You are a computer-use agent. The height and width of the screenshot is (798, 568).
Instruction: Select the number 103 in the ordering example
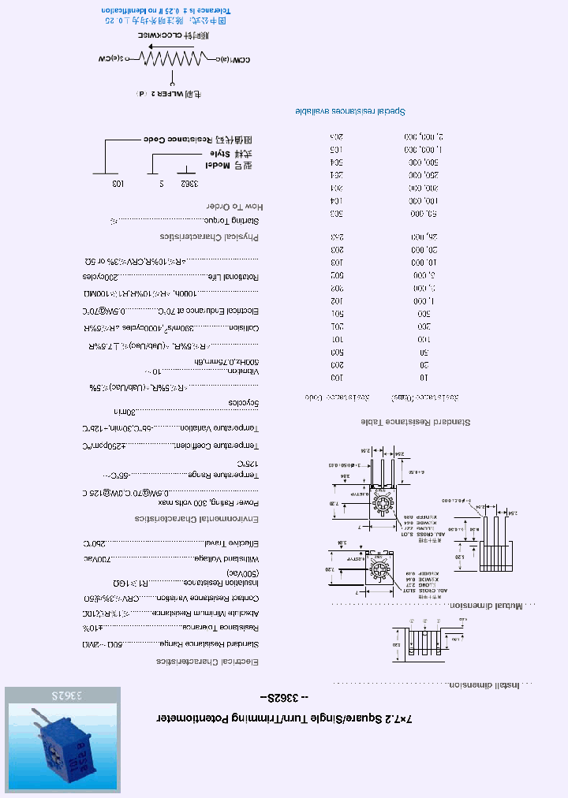coord(117,183)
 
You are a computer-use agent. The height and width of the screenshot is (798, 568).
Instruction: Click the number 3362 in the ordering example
coord(188,183)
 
